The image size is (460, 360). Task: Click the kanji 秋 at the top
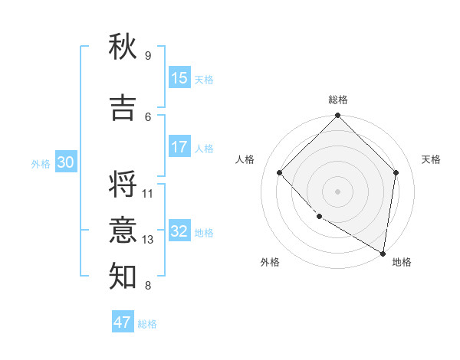(123, 47)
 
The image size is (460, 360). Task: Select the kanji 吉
(123, 107)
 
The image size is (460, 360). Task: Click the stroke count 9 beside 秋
(147, 55)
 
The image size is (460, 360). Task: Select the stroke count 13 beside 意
(148, 240)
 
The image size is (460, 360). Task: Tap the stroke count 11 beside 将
(148, 193)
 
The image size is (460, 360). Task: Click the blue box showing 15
(179, 78)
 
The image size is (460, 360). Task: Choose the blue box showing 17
(179, 147)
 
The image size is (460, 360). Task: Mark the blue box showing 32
(179, 231)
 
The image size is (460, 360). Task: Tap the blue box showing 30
(65, 162)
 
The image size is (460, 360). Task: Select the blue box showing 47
(123, 322)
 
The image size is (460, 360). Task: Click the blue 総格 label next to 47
(147, 324)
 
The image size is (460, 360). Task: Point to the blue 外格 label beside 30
(41, 163)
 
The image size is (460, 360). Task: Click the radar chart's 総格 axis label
(337, 100)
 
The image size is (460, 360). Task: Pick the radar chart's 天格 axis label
(431, 159)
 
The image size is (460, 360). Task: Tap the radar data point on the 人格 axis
(280, 172)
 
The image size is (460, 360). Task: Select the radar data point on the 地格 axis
(383, 253)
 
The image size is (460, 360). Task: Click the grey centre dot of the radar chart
(337, 191)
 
